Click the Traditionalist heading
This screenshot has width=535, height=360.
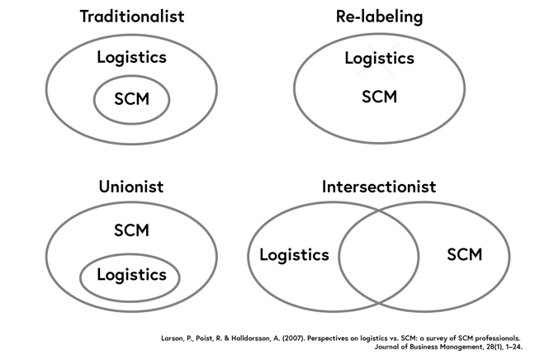pos(131,17)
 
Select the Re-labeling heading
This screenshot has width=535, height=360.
pos(379,17)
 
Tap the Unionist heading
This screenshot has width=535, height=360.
pos(131,187)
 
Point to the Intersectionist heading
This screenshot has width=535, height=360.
pos(379,187)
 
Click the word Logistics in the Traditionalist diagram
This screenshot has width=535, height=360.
pos(131,58)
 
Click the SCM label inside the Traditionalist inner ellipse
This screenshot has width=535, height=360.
pos(131,101)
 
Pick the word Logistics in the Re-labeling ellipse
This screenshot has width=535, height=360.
pos(379,59)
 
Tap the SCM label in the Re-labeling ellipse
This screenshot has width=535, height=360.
pos(379,97)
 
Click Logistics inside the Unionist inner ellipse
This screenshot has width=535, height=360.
pos(131,275)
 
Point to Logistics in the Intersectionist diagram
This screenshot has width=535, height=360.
pos(294,255)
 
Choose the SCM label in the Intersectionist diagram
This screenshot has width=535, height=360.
pos(464,254)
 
